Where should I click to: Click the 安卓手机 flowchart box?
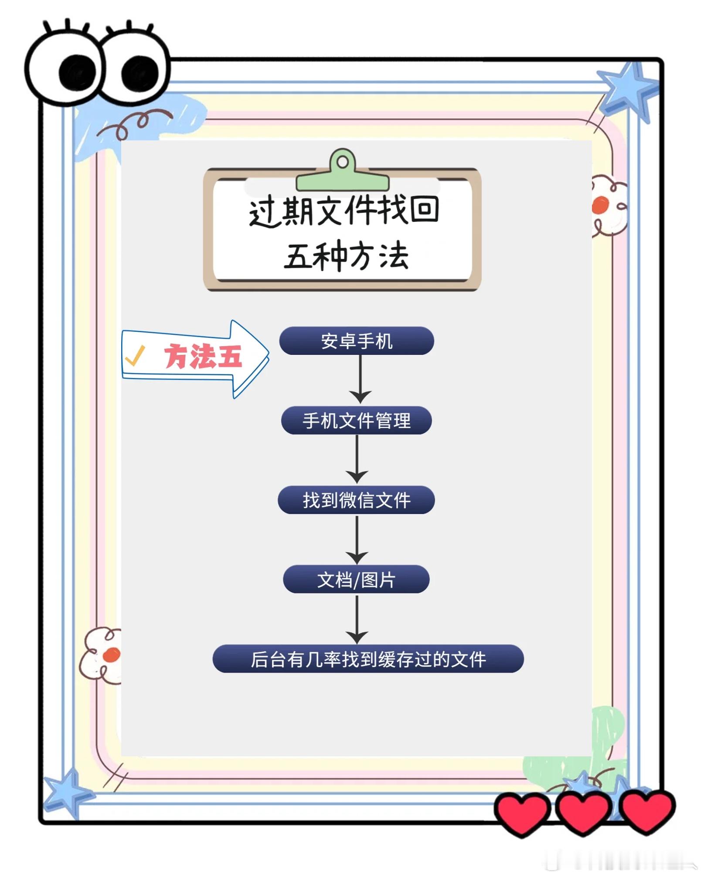click(357, 341)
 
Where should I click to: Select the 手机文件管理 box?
click(357, 421)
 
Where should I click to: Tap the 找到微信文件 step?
click(357, 500)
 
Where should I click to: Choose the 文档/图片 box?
click(357, 580)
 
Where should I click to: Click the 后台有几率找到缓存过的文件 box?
click(368, 659)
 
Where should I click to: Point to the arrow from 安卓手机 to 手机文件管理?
click(360, 379)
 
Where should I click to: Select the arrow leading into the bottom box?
click(357, 619)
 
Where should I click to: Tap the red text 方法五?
click(203, 357)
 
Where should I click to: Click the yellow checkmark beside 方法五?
click(135, 356)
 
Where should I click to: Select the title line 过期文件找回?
click(343, 211)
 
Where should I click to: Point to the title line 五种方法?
click(346, 256)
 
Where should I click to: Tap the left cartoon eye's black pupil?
click(77, 73)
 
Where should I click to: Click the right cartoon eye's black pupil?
click(139, 73)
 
